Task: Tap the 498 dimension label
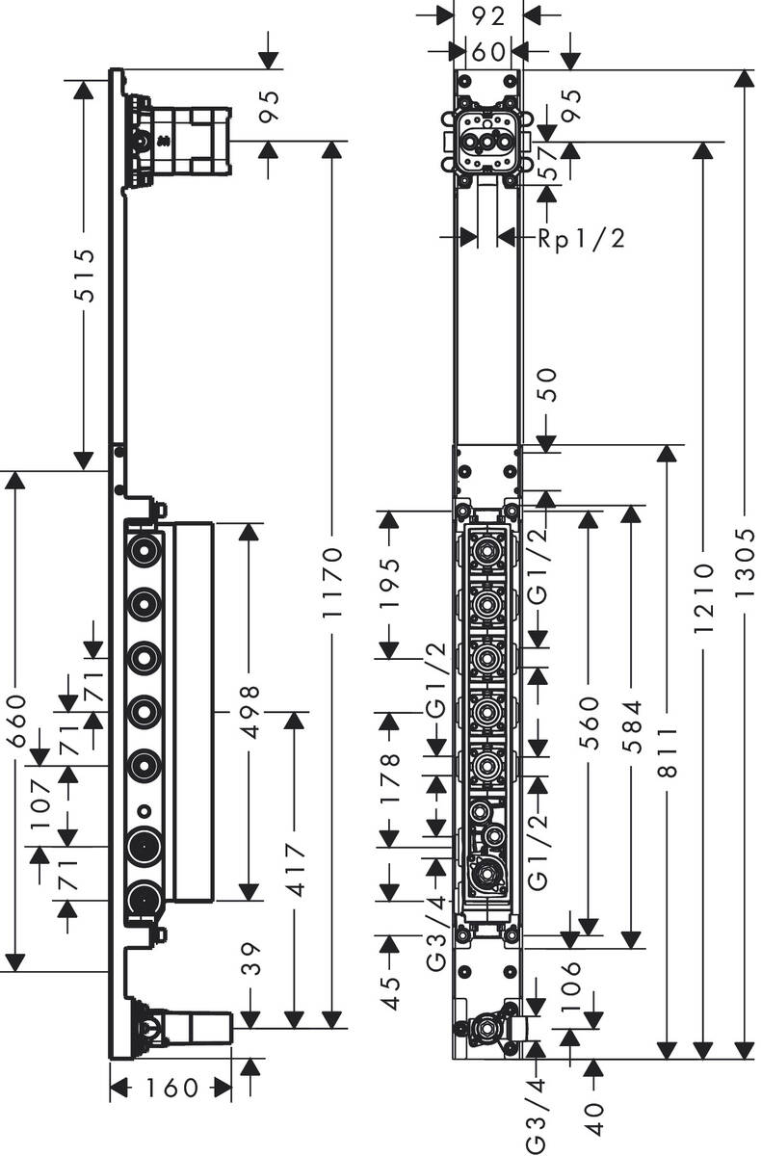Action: [x=249, y=711]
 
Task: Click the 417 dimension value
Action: [x=295, y=871]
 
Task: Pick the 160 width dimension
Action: [x=171, y=1089]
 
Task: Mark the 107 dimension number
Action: [x=40, y=802]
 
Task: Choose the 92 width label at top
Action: [x=488, y=15]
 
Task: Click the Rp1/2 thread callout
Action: [x=581, y=238]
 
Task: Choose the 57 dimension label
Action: [x=548, y=165]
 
